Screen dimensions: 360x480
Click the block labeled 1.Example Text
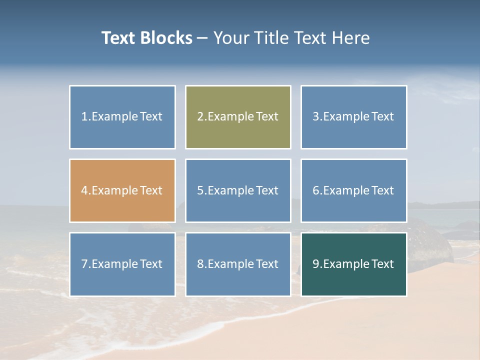(x=122, y=117)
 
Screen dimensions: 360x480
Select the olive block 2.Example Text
(x=238, y=117)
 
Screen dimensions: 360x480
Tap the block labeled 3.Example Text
(x=353, y=117)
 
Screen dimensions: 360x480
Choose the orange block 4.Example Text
(x=122, y=190)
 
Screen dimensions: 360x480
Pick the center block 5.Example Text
(x=238, y=190)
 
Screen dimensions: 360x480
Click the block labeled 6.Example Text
(x=353, y=190)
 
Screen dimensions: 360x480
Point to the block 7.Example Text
(x=122, y=264)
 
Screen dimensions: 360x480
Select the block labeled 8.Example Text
(x=238, y=264)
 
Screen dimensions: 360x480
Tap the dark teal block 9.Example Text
(x=353, y=264)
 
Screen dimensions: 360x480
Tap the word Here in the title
(x=352, y=38)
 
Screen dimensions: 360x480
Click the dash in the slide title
(x=202, y=38)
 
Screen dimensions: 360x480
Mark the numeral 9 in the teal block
(x=316, y=264)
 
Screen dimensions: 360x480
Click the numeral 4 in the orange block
(x=84, y=190)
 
